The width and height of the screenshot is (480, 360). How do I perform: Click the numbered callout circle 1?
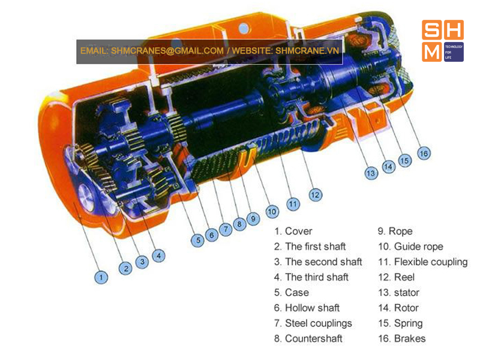click(x=101, y=277)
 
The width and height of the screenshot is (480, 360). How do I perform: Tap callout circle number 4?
click(x=158, y=256)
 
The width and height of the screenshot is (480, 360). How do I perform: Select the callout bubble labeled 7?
click(x=226, y=229)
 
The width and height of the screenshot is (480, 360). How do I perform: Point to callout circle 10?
click(x=272, y=212)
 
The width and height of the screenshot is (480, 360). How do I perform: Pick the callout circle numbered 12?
click(x=316, y=195)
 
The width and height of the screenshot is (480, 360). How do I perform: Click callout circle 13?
click(x=371, y=173)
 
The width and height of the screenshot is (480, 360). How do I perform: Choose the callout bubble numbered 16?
click(x=424, y=153)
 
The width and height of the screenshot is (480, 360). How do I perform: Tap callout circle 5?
click(x=198, y=241)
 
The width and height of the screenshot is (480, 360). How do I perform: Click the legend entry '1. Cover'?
click(x=293, y=231)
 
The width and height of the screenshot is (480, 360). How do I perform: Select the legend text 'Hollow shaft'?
click(x=312, y=308)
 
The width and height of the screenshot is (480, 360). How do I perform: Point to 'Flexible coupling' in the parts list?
click(x=431, y=262)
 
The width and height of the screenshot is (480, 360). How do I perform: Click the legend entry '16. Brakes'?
click(x=401, y=338)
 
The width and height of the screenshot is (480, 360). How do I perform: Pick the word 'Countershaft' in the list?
click(x=313, y=338)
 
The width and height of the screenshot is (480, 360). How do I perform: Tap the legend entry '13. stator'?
click(x=398, y=292)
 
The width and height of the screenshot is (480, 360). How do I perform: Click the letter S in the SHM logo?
click(x=431, y=29)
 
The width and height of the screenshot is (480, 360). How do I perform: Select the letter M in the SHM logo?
click(x=431, y=52)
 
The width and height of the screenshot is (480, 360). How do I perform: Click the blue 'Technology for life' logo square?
click(x=454, y=52)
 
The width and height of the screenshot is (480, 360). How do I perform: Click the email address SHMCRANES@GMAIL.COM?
click(x=167, y=51)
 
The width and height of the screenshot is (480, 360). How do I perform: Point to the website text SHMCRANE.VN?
click(x=307, y=51)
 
